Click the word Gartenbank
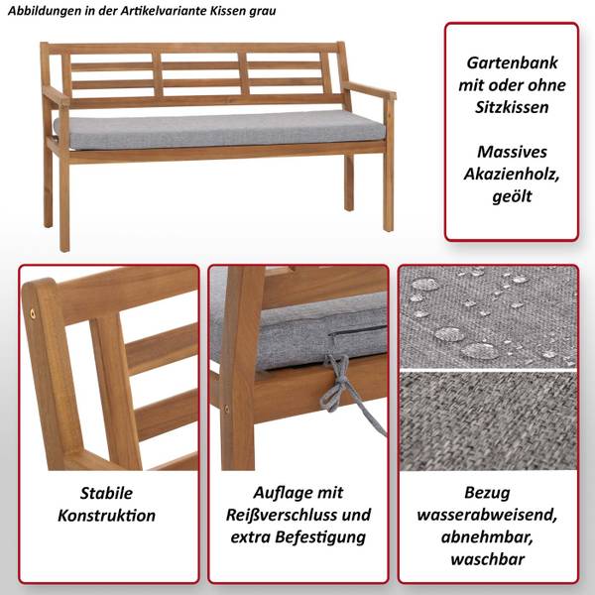click(x=512, y=63)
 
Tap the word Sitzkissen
click(x=512, y=107)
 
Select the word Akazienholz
click(x=512, y=175)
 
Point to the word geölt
click(x=512, y=196)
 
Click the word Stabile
click(x=107, y=493)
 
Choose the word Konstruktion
click(x=107, y=516)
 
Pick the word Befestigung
click(x=320, y=537)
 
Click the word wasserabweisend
click(x=487, y=515)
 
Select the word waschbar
click(x=488, y=559)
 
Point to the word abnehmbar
click(x=487, y=537)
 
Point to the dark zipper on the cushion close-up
click(x=357, y=331)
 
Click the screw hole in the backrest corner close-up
click(x=33, y=313)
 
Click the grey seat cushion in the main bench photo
click(x=219, y=130)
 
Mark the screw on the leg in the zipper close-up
click(x=227, y=409)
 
